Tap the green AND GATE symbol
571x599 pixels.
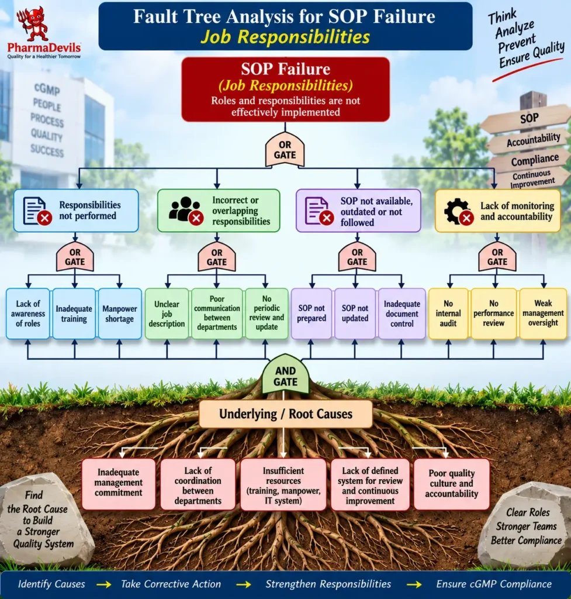285,374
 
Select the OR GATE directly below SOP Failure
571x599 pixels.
285,150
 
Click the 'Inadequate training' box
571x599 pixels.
74,314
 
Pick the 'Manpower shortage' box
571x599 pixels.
120,314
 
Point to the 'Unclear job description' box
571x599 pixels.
167,314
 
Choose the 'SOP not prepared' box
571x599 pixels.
312,314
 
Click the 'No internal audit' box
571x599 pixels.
448,314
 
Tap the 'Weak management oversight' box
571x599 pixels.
543,314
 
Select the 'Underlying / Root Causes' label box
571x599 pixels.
285,414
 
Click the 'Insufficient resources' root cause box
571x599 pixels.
283,485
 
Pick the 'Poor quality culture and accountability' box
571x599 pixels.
452,484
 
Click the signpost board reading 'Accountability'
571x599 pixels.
531,140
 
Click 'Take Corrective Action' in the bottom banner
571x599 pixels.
171,584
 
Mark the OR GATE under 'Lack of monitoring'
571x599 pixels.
497,257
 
